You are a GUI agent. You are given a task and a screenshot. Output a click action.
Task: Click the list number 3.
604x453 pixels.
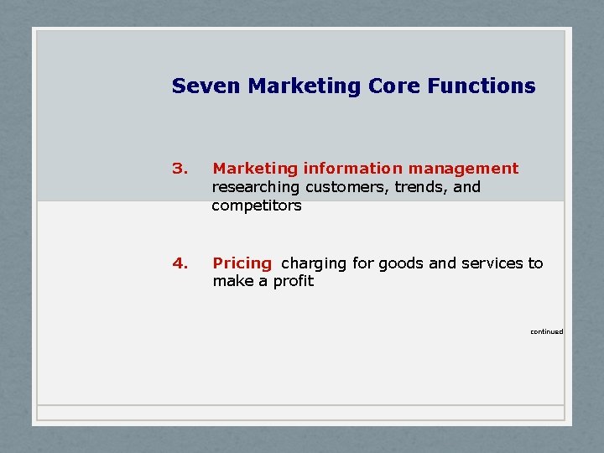point(178,169)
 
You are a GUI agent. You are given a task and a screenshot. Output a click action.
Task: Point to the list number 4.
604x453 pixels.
point(178,263)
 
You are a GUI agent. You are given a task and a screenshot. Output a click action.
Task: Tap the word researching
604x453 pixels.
point(256,187)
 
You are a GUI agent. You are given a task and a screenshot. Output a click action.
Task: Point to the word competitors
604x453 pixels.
point(256,206)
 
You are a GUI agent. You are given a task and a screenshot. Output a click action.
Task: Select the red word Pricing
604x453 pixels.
point(242,263)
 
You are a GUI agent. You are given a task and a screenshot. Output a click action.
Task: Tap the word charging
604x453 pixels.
point(314,263)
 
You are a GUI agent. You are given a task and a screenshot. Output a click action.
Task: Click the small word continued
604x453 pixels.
point(546,331)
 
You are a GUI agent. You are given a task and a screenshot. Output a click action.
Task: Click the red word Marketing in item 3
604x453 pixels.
point(255,169)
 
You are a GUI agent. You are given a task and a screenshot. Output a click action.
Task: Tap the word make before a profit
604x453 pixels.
point(232,281)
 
